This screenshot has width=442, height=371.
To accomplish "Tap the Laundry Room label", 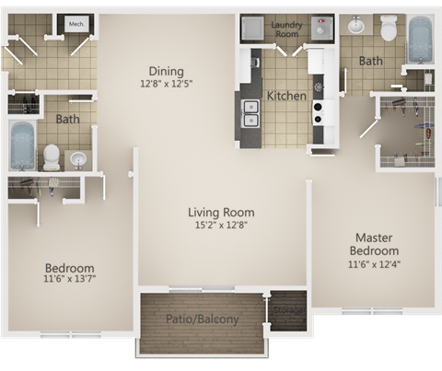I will click(286, 29).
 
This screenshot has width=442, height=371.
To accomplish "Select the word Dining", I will click(166, 71).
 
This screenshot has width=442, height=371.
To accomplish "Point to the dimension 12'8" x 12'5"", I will click(166, 84).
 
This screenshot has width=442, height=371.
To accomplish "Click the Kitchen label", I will click(286, 95).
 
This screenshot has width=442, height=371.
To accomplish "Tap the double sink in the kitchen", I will click(250, 112).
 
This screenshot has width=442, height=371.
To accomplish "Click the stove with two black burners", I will click(319, 112).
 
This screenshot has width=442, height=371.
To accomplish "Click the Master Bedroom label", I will click(375, 244).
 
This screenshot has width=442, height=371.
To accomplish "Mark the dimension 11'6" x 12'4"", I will click(375, 264).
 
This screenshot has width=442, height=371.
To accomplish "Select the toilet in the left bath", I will click(52, 158).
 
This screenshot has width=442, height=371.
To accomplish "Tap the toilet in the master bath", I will click(388, 30).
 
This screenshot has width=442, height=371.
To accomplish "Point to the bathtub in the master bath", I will click(420, 41).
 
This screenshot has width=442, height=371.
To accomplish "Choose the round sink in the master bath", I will click(356, 26).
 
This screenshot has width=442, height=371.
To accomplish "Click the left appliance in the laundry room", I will click(251, 29).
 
